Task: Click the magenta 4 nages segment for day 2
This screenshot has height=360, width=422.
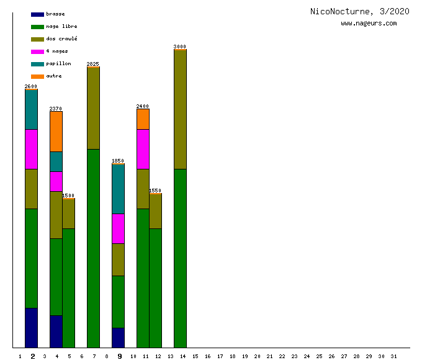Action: (31, 149)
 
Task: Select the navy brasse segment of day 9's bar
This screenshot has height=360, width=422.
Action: (118, 338)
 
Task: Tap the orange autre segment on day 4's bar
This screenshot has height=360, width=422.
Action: (56, 132)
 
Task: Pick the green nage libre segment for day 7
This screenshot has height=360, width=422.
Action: (93, 248)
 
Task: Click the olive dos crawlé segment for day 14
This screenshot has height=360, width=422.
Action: (180, 109)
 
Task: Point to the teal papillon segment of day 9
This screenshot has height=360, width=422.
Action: (118, 189)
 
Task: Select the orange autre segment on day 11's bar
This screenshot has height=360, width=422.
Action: (143, 119)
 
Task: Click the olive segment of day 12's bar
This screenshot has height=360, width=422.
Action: (155, 211)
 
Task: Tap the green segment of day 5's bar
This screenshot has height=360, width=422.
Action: (68, 288)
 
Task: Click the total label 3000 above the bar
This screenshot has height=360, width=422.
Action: (180, 47)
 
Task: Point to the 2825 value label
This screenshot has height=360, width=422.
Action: (93, 64)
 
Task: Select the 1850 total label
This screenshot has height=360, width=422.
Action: (118, 161)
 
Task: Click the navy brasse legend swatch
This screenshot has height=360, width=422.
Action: (37, 14)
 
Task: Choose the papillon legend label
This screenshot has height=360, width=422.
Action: (58, 64)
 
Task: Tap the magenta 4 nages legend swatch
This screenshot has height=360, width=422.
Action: (37, 52)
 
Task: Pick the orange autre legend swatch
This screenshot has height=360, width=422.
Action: (37, 76)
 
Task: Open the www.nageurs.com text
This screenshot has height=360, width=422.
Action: (369, 24)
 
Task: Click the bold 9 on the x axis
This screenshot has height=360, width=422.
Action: (120, 356)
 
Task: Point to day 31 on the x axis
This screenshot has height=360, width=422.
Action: (393, 356)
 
